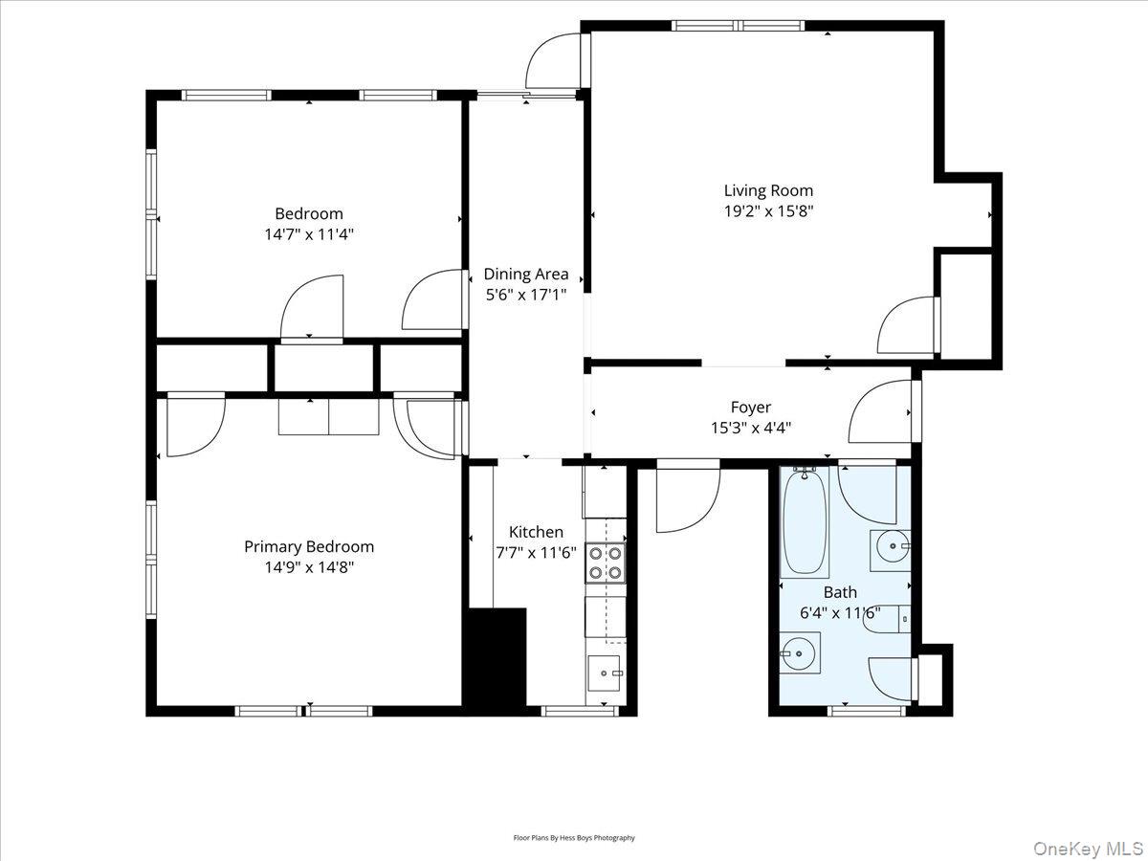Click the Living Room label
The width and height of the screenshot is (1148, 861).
[x=768, y=190]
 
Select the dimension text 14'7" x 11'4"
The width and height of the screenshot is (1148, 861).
[x=309, y=234]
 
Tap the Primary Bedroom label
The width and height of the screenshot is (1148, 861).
[x=309, y=547]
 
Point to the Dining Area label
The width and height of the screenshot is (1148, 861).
[x=525, y=274]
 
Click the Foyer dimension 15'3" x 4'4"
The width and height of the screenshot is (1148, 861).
[x=751, y=429]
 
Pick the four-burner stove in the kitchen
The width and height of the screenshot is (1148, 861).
[x=606, y=563]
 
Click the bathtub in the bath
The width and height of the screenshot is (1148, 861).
[x=805, y=522]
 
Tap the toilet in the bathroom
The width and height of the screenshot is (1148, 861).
[x=887, y=619]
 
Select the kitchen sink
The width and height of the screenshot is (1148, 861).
[x=604, y=673]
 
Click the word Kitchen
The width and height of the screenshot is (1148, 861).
[x=536, y=532]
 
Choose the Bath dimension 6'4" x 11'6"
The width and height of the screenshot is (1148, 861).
[x=841, y=612]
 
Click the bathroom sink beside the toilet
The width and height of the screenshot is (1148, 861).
[x=890, y=550]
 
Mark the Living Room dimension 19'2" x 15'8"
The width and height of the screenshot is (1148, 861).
[x=768, y=211]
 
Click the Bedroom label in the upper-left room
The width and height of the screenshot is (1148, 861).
[x=309, y=213]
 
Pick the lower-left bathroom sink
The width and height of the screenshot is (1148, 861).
[x=800, y=653]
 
